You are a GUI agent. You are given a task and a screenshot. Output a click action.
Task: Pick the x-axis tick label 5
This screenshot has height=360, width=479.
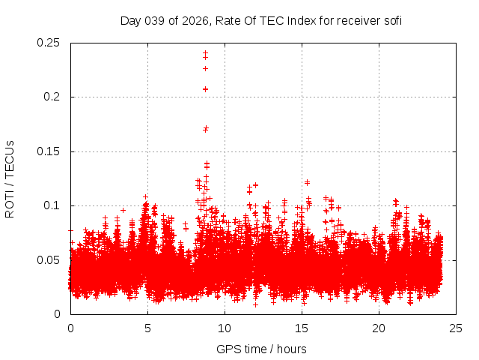point(147,328)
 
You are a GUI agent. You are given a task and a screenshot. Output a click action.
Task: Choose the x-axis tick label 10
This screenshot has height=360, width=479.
point(225,328)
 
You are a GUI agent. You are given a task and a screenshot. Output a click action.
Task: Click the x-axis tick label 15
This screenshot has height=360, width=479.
point(302,328)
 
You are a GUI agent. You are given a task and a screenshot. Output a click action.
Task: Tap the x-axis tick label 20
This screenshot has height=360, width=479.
point(379,328)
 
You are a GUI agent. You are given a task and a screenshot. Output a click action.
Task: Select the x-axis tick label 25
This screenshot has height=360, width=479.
point(456,328)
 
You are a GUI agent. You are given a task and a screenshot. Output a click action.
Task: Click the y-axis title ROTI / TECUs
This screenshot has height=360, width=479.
point(10,178)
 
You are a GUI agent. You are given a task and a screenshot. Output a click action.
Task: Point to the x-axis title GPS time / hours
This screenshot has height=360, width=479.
point(261,349)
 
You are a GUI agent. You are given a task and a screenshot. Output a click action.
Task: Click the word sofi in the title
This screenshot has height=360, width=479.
point(392,20)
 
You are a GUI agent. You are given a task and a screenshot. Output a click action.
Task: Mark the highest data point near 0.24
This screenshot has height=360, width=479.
point(205,52)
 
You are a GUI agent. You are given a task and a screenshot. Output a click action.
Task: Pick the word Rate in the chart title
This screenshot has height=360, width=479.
point(229,20)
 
